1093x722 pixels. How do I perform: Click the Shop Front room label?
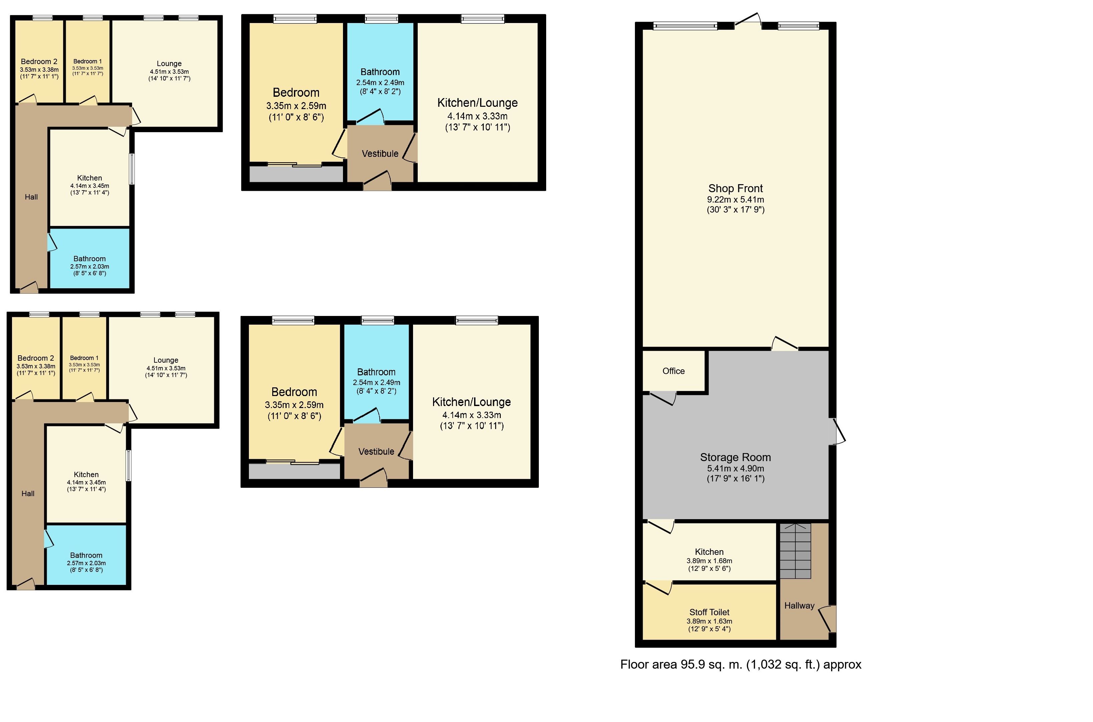(x=735, y=188)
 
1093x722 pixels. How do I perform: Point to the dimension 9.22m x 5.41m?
(x=735, y=200)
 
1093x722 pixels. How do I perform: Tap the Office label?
(x=673, y=371)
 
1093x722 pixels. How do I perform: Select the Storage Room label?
(x=735, y=457)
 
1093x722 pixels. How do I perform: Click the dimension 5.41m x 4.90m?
(x=735, y=468)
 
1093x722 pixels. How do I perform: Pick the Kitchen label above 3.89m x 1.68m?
(x=709, y=552)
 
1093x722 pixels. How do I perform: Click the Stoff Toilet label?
(x=709, y=612)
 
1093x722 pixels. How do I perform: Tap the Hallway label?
(x=799, y=606)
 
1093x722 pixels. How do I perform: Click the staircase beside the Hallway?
(x=795, y=551)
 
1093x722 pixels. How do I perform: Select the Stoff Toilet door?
(x=658, y=588)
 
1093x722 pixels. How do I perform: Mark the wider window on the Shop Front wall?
(x=685, y=26)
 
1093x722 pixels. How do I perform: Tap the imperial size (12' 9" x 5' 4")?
(x=709, y=629)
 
